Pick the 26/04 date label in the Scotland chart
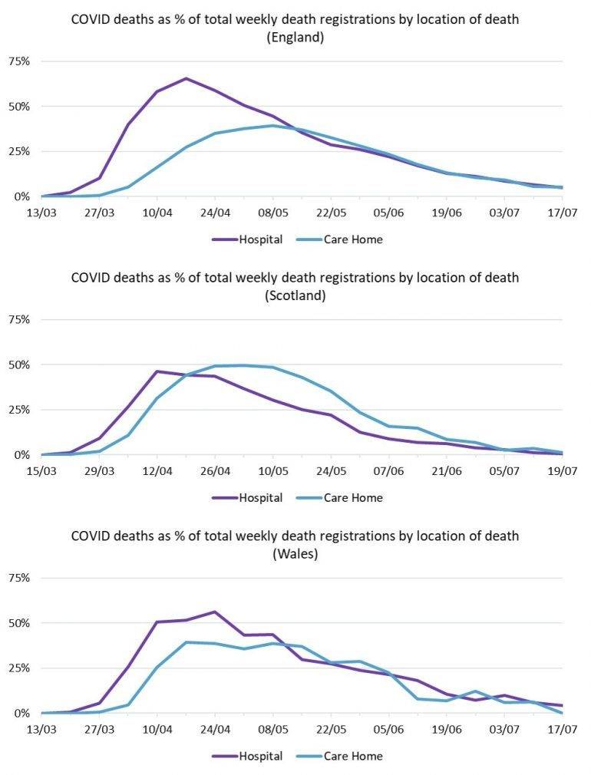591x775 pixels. (x=216, y=470)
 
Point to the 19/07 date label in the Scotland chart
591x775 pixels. (x=562, y=470)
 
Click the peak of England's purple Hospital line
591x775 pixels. (x=187, y=78)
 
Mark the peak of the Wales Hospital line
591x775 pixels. (x=215, y=612)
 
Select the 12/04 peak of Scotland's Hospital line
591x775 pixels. (x=157, y=371)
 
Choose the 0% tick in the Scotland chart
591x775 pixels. (x=23, y=455)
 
